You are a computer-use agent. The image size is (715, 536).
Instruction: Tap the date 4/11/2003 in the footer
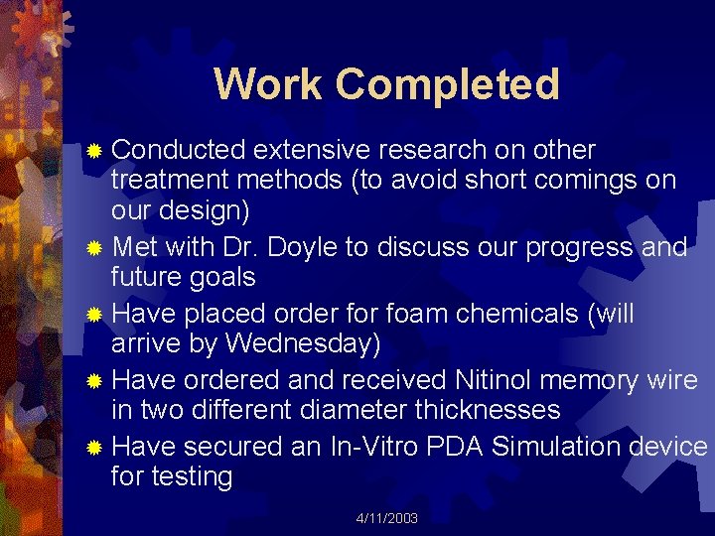[387, 519]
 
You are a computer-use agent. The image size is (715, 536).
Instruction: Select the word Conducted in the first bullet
[178, 151]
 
